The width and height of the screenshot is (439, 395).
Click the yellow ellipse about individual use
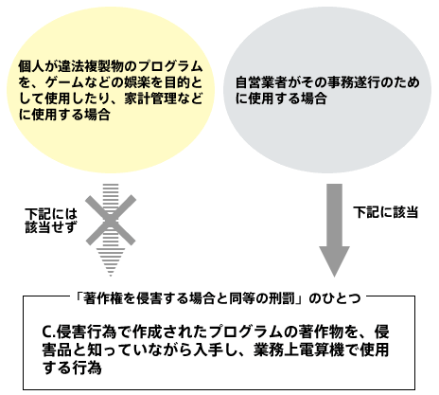point(111,90)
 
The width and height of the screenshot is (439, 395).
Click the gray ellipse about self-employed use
point(327,90)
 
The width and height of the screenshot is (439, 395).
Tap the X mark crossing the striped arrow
point(111,220)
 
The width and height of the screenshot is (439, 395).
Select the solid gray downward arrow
point(334,230)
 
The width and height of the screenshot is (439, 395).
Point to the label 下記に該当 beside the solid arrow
point(385,212)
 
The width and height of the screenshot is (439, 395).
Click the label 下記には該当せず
point(51,220)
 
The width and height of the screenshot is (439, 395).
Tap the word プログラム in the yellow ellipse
point(170,66)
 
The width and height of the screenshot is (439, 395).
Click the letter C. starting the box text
point(49,332)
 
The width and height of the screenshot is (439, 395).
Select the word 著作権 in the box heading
point(102,298)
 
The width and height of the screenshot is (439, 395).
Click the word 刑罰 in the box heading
point(282,298)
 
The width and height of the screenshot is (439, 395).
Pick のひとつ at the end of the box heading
point(335,298)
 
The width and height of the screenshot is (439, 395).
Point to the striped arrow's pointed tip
point(111,277)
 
